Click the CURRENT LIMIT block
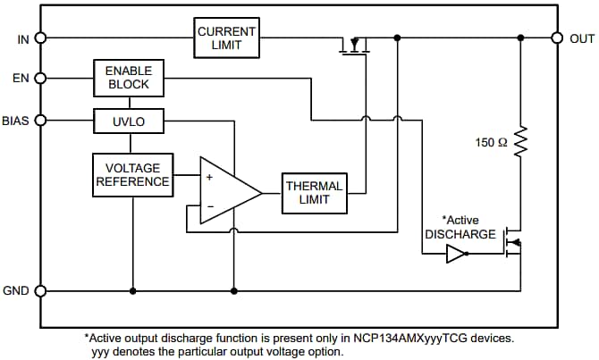coord(227,38)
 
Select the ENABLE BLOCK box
coord(129,78)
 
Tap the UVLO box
coord(129,121)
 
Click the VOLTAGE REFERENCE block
coord(132,175)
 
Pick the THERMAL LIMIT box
coord(314,193)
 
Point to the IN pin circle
coord(39,38)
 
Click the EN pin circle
coord(39,78)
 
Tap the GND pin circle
coord(39,290)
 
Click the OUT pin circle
coord(556,38)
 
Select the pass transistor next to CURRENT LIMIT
coord(355,45)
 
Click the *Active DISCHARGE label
coord(460,227)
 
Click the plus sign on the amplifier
coord(209,178)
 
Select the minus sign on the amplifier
coord(209,207)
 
